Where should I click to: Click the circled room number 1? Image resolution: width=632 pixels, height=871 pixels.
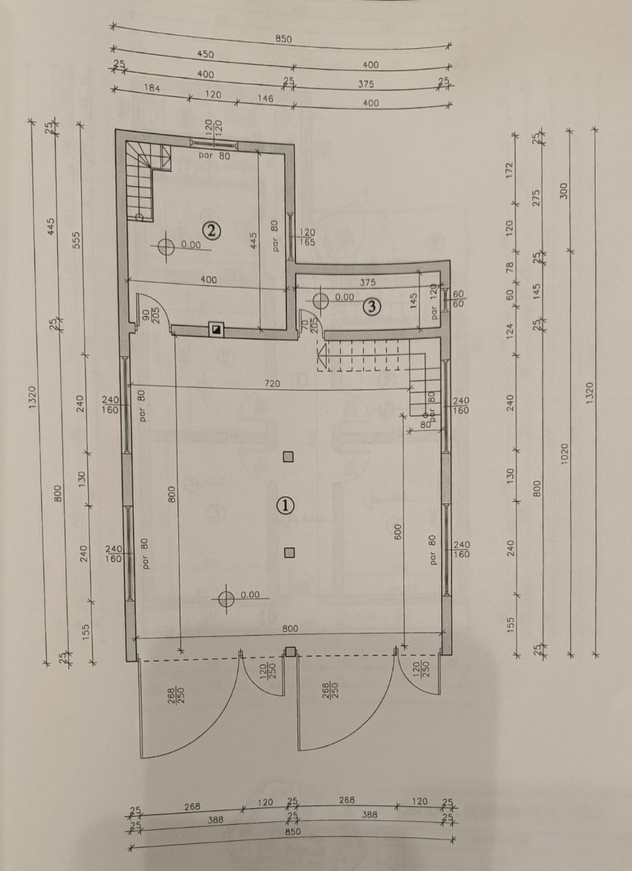coord(285,505)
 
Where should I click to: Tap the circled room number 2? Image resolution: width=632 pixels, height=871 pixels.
coord(211,231)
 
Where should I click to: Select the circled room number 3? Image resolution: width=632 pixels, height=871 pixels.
coord(371,307)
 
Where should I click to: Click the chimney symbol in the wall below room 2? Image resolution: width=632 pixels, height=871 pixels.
coord(216,330)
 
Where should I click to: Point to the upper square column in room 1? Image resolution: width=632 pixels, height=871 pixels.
coord(288,457)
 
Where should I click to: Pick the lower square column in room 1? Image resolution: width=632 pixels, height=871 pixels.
coord(288,552)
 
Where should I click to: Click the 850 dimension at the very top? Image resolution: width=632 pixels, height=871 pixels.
coord(284,39)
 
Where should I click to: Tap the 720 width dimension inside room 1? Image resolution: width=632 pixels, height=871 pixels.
coord(273,384)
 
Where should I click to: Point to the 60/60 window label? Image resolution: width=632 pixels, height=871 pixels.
coord(459,299)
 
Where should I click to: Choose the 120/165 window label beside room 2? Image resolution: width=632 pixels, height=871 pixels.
coord(307,237)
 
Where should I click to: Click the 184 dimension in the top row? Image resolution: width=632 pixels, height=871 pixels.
coord(151,88)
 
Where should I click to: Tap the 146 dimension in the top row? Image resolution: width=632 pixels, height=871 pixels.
coord(266,98)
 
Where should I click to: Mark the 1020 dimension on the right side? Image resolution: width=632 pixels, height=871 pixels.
coord(565,452)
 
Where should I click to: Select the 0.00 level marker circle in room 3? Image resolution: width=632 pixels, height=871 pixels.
coord(321,301)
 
